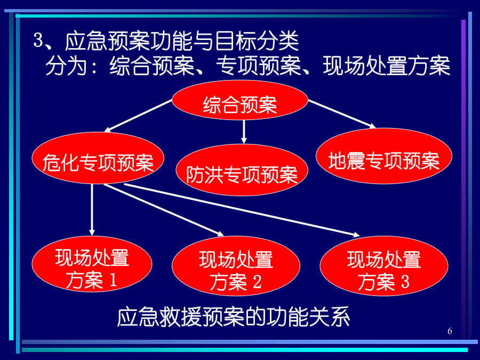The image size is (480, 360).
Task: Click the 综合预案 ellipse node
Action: (x=239, y=100)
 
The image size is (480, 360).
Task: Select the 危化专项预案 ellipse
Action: (x=98, y=158)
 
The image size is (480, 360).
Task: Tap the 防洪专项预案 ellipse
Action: (x=242, y=170)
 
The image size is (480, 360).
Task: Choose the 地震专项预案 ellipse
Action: (x=384, y=156)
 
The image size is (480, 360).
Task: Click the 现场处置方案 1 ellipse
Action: (x=92, y=264)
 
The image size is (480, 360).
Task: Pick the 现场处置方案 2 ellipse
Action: (x=236, y=266)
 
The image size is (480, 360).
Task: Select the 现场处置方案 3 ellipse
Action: (x=384, y=266)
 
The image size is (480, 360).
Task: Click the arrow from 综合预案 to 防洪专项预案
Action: (x=244, y=132)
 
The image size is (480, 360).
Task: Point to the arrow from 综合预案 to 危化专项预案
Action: (x=138, y=116)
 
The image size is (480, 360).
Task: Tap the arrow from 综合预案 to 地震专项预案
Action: (x=342, y=114)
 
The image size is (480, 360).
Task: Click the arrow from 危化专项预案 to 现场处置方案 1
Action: (x=92, y=210)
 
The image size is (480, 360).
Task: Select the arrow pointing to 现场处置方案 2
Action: (x=164, y=210)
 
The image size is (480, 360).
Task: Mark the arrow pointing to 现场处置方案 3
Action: (x=242, y=210)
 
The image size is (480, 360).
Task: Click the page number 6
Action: (x=450, y=331)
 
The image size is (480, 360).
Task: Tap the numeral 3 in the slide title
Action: (x=38, y=40)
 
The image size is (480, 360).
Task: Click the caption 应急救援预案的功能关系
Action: (x=234, y=317)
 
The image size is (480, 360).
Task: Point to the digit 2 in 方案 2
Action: (x=257, y=282)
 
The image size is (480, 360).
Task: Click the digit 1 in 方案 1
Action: (x=113, y=280)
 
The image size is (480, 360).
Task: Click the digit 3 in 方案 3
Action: (x=405, y=282)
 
